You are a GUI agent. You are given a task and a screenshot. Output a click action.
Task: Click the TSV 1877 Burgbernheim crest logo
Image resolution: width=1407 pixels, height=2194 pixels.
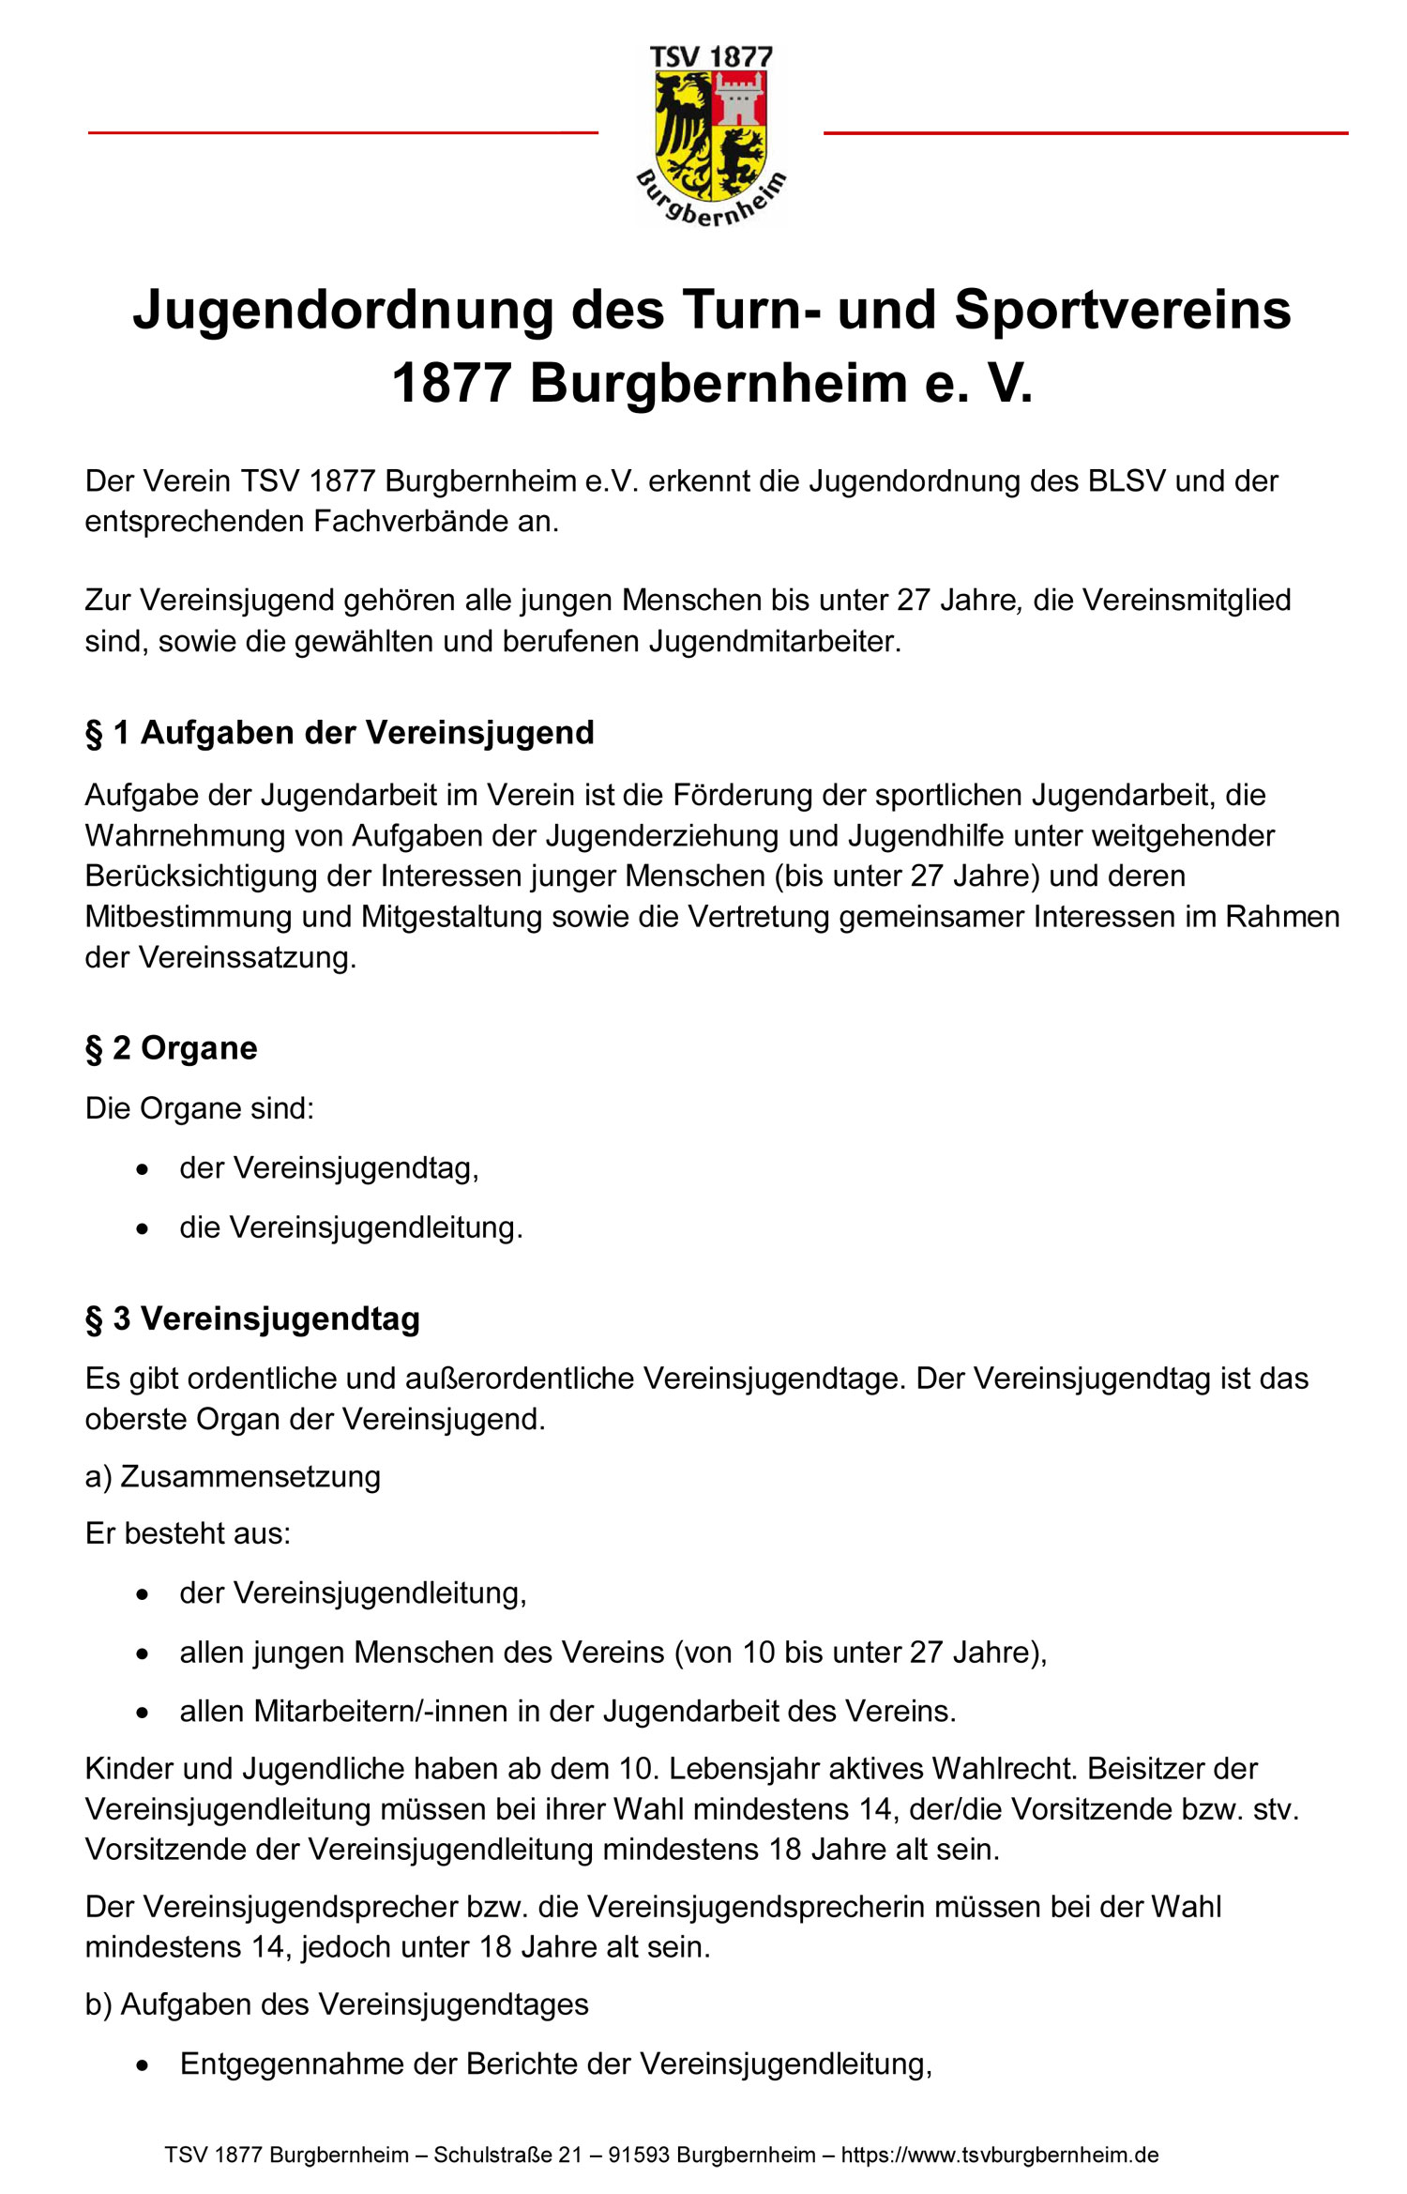[x=711, y=136]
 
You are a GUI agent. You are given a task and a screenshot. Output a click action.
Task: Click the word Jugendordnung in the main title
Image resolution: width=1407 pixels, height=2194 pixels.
[x=342, y=311]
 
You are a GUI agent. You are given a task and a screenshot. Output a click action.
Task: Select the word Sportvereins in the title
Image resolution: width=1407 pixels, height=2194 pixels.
[x=1122, y=311]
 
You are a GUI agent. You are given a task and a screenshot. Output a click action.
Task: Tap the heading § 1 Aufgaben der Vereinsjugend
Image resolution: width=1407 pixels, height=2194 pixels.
[x=340, y=733]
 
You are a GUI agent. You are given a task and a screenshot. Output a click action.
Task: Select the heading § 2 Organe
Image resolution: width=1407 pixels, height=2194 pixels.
[x=171, y=1048]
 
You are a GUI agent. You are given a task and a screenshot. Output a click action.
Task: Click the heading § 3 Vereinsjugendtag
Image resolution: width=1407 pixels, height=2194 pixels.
[x=252, y=1318]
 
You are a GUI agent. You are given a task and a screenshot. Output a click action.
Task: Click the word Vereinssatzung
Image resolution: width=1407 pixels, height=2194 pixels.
[x=248, y=957]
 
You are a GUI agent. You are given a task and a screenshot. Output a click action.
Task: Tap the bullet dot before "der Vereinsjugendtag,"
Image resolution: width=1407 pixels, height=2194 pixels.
[x=142, y=1169]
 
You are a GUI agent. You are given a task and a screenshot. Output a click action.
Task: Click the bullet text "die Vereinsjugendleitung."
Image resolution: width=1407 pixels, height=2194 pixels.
[x=351, y=1227]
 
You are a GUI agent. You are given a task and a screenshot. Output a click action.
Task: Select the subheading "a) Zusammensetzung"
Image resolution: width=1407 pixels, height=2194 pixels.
[x=233, y=1476]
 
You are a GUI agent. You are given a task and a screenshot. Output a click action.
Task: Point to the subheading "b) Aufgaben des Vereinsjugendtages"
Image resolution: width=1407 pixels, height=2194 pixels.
[x=337, y=2004]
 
